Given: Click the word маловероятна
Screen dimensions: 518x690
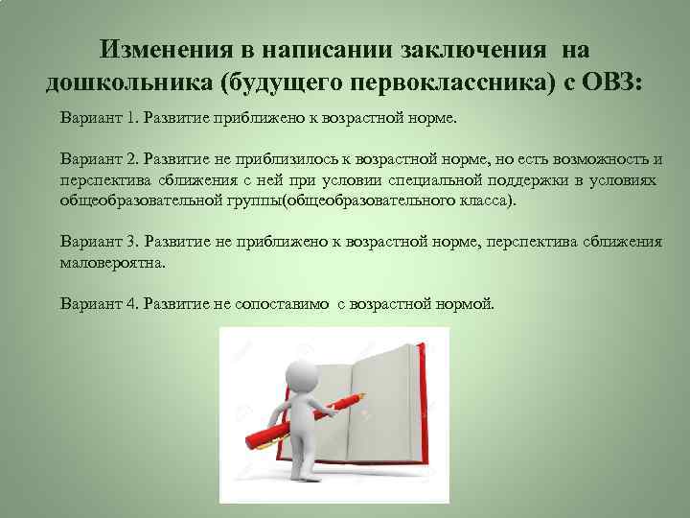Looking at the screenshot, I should pyautogui.click(x=112, y=262).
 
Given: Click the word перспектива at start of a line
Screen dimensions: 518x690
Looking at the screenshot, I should pyautogui.click(x=101, y=179).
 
